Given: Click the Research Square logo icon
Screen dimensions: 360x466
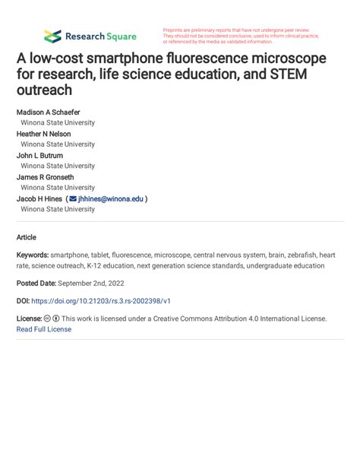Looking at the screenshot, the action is click(52, 36).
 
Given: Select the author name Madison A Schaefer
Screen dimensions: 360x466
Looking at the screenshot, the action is click(48, 112).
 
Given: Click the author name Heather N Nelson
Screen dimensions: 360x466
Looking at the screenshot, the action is click(44, 134).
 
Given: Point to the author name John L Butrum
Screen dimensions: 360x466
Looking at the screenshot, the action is click(40, 155).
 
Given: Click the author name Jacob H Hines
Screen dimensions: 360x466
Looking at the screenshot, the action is click(39, 198).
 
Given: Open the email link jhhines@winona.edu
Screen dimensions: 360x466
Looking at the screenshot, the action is click(110, 198).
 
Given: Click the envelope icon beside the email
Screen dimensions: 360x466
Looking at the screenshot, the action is click(72, 198).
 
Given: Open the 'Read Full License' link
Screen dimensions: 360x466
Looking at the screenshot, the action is click(44, 329).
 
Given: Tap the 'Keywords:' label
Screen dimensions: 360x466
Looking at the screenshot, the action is click(33, 255).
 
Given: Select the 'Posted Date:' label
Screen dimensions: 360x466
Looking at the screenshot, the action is click(36, 283).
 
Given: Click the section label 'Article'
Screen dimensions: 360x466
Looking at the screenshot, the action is click(26, 237).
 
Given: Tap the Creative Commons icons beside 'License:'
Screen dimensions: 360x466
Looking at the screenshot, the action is click(52, 319).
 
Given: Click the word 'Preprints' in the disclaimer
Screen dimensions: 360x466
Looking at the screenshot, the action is click(176, 30).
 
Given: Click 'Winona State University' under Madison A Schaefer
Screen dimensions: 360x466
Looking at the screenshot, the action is click(58, 122).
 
